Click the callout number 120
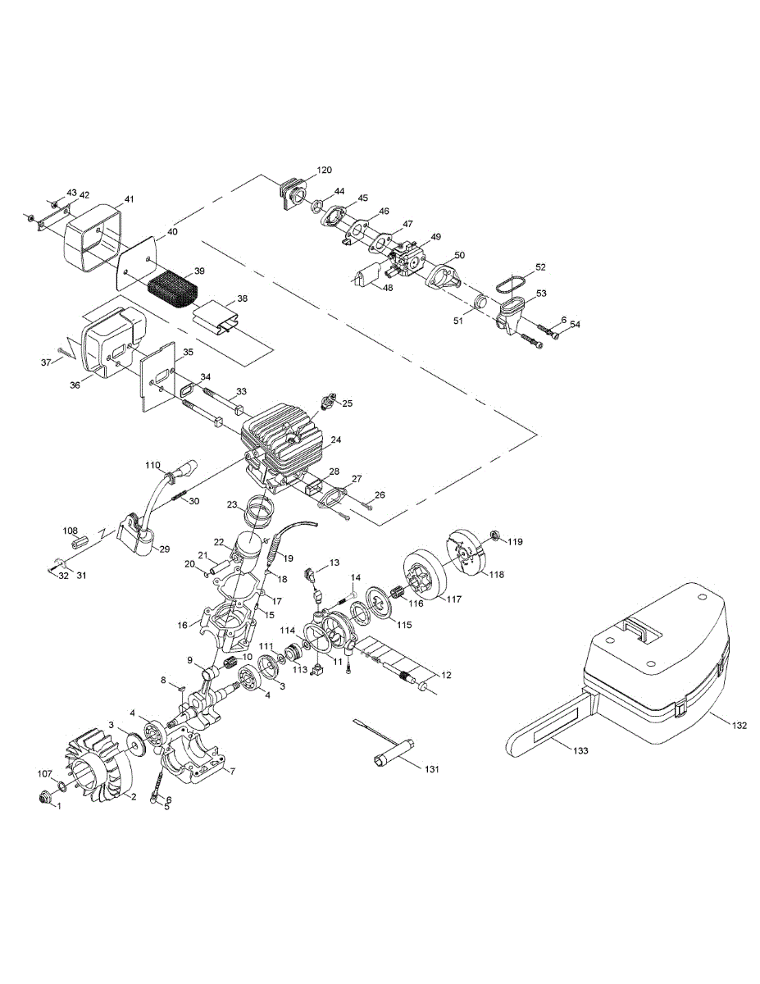click(325, 171)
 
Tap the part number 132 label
click(740, 726)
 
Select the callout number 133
click(580, 750)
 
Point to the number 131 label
click(433, 768)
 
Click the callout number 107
click(45, 772)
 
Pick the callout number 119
click(514, 542)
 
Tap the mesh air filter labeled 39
click(175, 287)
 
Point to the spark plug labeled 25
click(331, 402)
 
